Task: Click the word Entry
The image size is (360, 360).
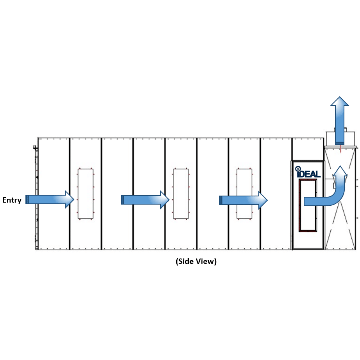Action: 12,200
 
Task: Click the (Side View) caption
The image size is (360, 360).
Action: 196,261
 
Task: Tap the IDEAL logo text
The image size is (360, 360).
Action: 308,174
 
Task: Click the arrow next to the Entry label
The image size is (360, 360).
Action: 50,200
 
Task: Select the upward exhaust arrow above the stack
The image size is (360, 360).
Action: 340,121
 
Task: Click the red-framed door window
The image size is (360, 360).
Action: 308,205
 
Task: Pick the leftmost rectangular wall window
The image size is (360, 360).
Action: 85,194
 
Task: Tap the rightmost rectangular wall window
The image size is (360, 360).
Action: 244,194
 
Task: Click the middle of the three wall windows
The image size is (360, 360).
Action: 181,194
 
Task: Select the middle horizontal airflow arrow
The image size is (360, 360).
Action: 145,200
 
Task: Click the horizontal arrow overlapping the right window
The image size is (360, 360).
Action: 243,200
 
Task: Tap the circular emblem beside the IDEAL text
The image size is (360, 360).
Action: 298,169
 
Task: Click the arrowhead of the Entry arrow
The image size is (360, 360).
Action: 69,200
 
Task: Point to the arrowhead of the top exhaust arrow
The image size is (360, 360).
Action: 340,101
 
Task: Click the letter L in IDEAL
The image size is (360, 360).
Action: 318,174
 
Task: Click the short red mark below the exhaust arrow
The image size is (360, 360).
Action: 340,149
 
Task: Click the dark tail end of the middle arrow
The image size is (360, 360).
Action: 122,200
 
